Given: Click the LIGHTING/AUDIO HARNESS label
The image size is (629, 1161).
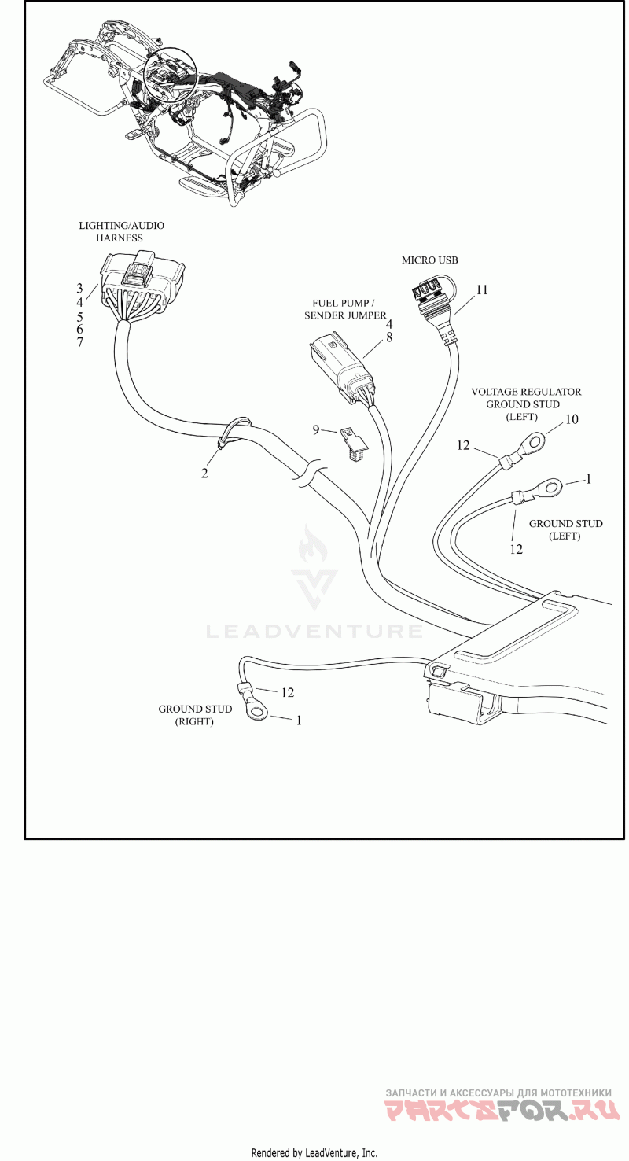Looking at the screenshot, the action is pos(121,232).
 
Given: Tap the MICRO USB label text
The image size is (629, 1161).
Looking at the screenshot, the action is pos(429,260).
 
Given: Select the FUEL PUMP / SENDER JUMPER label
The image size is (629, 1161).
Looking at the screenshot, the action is pos(345,309).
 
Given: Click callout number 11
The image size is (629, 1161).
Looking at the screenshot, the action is pos(482,289).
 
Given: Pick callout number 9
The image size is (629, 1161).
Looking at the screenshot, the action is pos(315,429).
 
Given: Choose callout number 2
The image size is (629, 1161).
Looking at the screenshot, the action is pos(204,473).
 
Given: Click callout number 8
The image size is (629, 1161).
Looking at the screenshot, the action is pos(389,337).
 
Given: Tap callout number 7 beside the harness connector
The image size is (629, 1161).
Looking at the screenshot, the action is pos(79,342).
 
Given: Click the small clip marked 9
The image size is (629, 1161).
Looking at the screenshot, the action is pos(353,441).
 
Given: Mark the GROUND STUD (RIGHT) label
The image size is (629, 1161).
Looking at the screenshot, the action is pos(195,715).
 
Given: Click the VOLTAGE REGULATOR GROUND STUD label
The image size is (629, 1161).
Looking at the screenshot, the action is pos(526,404).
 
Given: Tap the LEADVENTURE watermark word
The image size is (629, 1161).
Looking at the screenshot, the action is pos(314,632).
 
